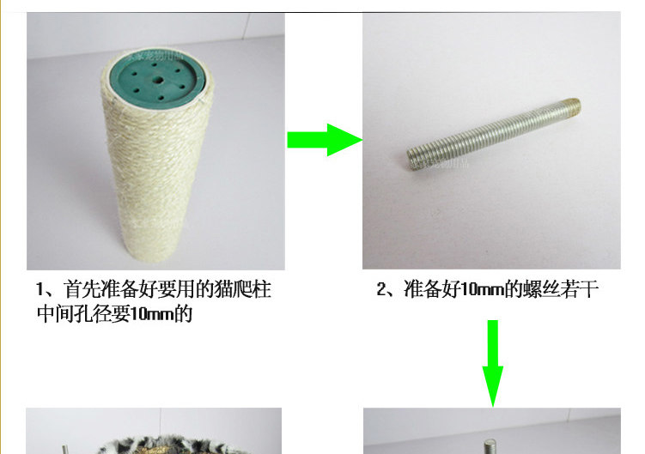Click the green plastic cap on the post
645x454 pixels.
click(156, 79)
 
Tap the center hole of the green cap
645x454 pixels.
click(158, 80)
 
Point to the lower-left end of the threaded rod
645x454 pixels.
click(410, 160)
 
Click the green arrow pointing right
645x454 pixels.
click(325, 140)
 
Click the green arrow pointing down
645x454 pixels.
click(493, 364)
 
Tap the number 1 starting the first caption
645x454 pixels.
click(40, 289)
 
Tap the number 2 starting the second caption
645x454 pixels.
click(381, 289)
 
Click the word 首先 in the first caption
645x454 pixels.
click(82, 289)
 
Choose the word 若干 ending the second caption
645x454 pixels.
click(579, 289)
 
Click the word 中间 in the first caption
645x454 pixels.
click(55, 314)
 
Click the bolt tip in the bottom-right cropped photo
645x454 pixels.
click(489, 446)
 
